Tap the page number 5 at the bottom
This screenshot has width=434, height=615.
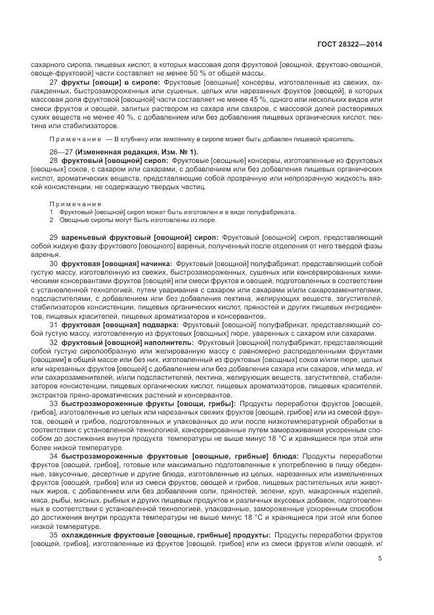pyautogui.click(x=380, y=559)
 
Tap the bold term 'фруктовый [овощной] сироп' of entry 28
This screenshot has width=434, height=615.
pyautogui.click(x=107, y=161)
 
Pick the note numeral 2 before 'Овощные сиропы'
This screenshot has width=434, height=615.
pyautogui.click(x=52, y=220)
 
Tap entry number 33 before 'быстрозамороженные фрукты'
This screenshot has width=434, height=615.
pyautogui.click(x=54, y=403)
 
